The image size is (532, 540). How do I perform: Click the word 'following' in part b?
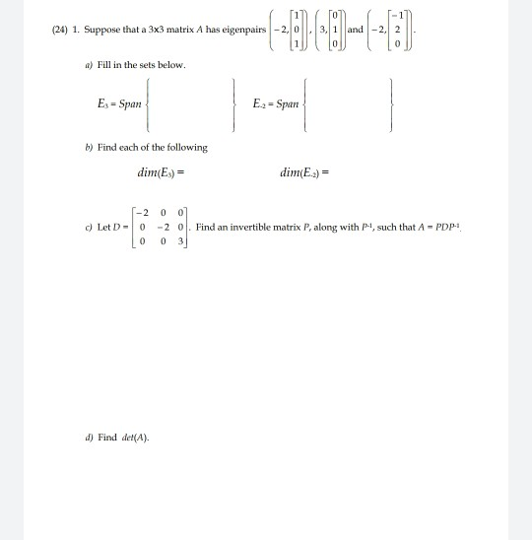coord(188,147)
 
